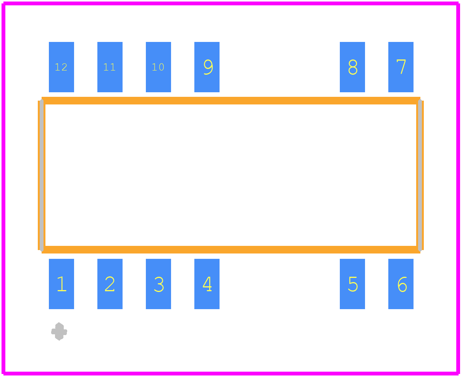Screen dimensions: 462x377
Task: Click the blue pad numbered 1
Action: [x=61, y=284]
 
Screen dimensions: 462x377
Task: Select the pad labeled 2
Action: [x=110, y=284]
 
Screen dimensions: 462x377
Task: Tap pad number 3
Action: [x=158, y=284]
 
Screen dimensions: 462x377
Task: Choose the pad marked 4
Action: [x=207, y=284]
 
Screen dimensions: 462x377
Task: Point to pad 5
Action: [x=352, y=284]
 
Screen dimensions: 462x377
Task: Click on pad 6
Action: [x=401, y=284]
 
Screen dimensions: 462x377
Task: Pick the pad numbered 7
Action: [x=401, y=67]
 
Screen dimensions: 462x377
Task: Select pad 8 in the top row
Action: [x=352, y=67]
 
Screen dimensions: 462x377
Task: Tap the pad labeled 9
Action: [x=207, y=67]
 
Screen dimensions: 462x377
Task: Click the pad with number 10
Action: [x=158, y=67]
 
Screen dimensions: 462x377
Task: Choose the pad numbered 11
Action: [x=110, y=67]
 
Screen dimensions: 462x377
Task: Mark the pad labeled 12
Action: [x=61, y=67]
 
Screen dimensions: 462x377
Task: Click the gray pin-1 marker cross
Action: [x=59, y=332]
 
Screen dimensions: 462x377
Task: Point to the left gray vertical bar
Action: [x=42, y=175]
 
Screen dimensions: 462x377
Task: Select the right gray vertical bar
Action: [x=420, y=175]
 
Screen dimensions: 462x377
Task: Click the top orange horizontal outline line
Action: [x=231, y=101]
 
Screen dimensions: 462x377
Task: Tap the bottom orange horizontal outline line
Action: [x=231, y=250]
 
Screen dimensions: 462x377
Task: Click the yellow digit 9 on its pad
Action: [x=208, y=67]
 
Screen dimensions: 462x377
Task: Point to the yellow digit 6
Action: [x=402, y=284]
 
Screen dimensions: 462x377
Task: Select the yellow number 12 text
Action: [x=61, y=67]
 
